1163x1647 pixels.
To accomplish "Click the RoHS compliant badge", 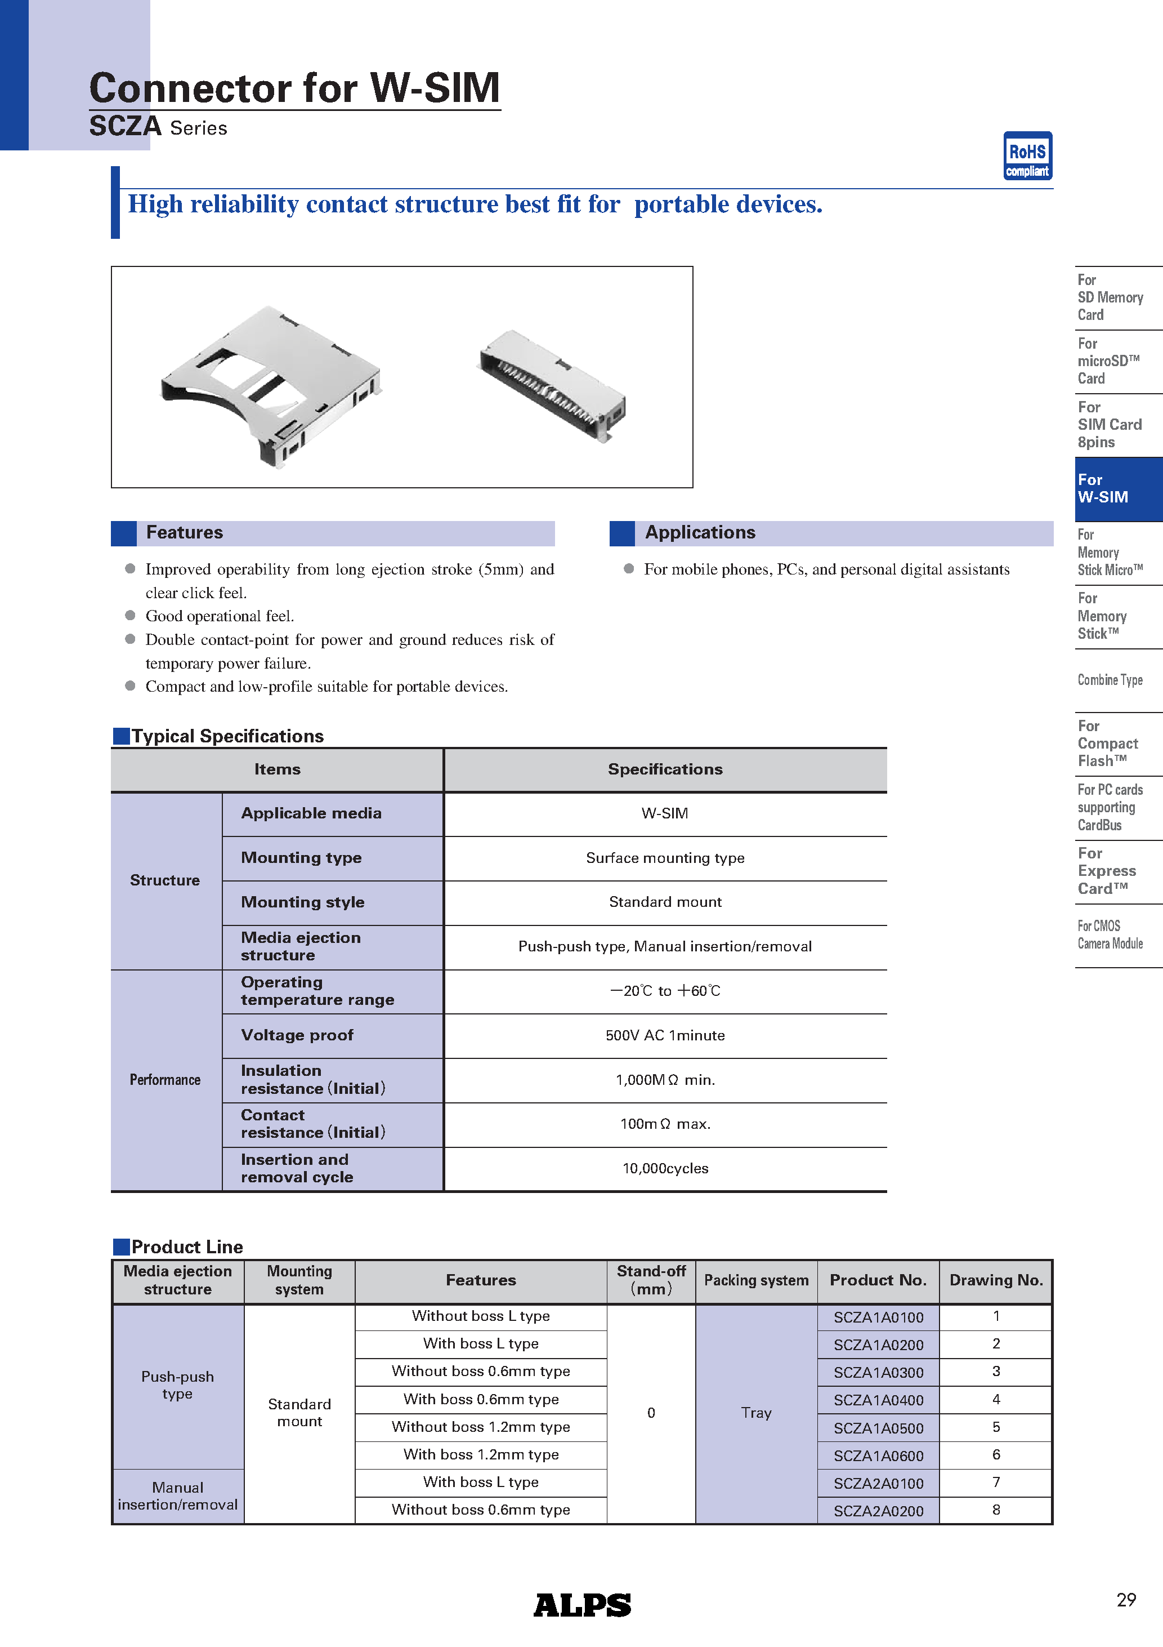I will (x=1027, y=155).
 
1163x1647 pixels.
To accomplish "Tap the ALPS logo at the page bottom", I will (x=581, y=1604).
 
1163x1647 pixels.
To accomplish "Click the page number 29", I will (x=1126, y=1599).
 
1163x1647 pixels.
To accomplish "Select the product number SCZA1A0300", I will (x=878, y=1372).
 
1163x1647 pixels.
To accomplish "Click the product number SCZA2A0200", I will (x=878, y=1511).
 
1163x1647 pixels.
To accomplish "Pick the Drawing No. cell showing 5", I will (x=995, y=1427).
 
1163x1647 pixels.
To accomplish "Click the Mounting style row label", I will (x=303, y=902).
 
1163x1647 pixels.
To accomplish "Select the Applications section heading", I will (x=700, y=532).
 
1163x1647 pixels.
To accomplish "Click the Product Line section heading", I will (x=186, y=1247).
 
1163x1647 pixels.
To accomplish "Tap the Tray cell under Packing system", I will (x=756, y=1413).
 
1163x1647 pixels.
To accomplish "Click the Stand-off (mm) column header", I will (x=651, y=1280).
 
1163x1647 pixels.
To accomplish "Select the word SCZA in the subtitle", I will (x=125, y=126).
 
